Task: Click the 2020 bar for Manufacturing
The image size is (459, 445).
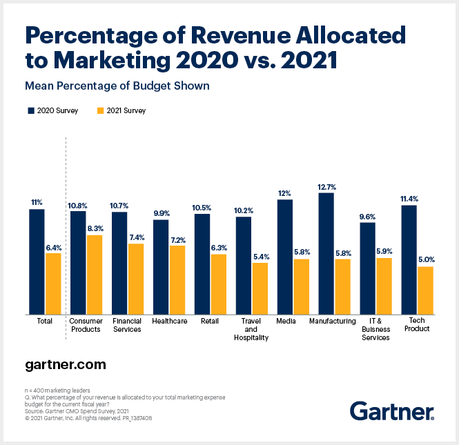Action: [x=326, y=253]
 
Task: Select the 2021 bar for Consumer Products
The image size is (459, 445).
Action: [x=94, y=275]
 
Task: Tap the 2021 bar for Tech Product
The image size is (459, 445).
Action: [x=425, y=290]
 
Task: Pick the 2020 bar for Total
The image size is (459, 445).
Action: [x=37, y=261]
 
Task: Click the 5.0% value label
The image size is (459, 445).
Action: [x=426, y=260]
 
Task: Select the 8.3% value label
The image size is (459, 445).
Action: [x=95, y=228]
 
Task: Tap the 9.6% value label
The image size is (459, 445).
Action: [x=367, y=216]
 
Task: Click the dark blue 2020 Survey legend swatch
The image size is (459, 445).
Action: [x=30, y=110]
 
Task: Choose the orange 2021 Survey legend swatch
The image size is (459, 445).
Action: [x=101, y=110]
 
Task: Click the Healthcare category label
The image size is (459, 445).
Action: [x=170, y=321]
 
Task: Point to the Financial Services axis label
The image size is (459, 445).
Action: [x=126, y=325]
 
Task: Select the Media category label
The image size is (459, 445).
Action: [x=285, y=321]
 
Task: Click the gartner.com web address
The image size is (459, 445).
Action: [x=66, y=363]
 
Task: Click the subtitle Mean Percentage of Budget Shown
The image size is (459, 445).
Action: [x=117, y=86]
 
